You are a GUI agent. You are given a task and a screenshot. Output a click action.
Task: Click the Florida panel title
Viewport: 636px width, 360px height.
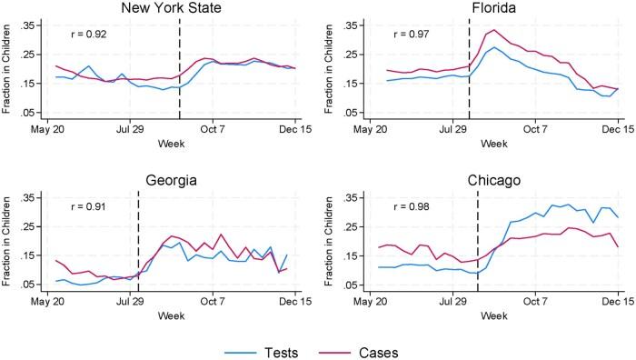click(x=495, y=8)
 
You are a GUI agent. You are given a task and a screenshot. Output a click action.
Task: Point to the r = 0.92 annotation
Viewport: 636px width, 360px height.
click(x=91, y=35)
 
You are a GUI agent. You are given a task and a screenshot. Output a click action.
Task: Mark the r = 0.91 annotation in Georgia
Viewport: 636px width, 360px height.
click(x=91, y=207)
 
